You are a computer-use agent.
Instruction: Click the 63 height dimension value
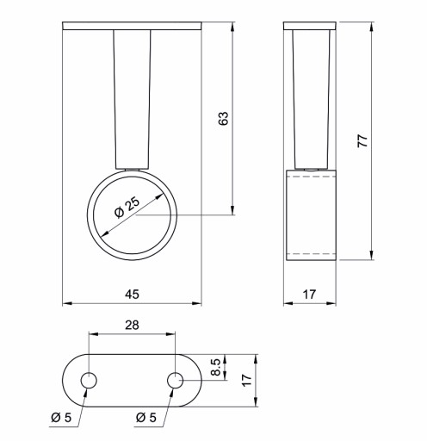pos(223,118)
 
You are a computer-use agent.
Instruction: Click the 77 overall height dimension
pos(362,140)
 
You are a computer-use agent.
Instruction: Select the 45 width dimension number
pos(132,295)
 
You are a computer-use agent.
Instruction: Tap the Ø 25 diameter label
pos(127,208)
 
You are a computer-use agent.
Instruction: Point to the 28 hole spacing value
pos(132,325)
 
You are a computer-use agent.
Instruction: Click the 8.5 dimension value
pos(215,367)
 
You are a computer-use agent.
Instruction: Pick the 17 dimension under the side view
pos(309,295)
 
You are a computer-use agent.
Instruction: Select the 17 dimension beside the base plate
pos(246,381)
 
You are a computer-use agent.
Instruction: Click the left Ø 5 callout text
pos(61,417)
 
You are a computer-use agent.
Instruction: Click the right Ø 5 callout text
pos(146,417)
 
